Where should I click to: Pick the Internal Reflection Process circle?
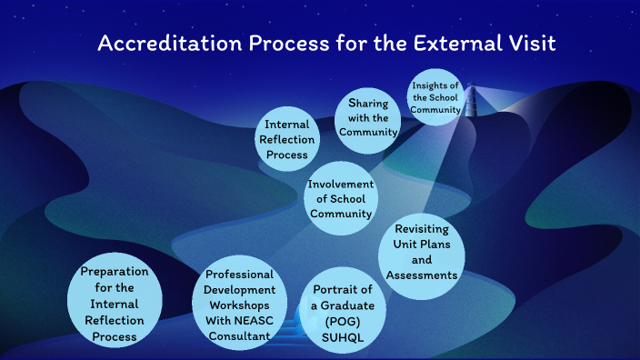(x=290, y=139)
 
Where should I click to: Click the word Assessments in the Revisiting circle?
(x=421, y=275)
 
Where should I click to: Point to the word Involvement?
(x=340, y=184)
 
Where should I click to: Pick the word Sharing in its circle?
(x=368, y=104)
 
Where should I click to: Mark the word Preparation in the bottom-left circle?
(x=115, y=272)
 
